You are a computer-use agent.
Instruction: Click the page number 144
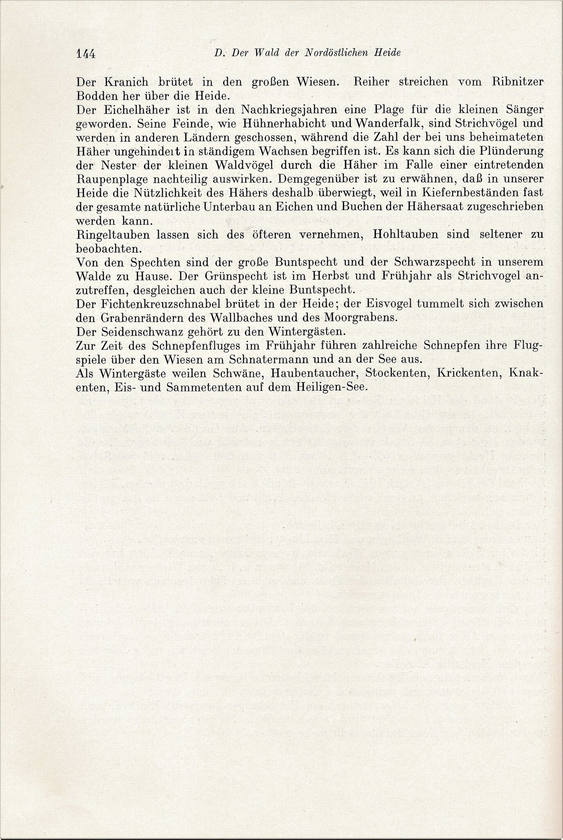pos(85,54)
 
